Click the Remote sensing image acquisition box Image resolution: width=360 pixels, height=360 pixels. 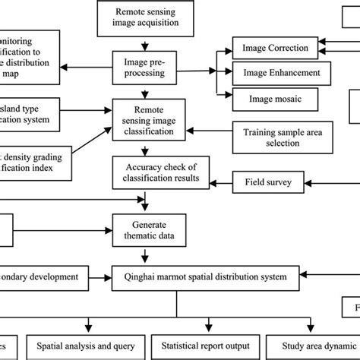coord(147,17)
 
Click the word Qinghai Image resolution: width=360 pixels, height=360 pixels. coord(139,276)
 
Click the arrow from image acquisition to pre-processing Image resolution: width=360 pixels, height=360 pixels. coord(147,41)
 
